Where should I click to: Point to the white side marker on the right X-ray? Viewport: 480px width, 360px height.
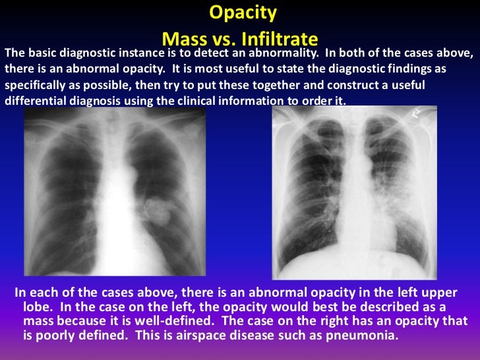(417, 114)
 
